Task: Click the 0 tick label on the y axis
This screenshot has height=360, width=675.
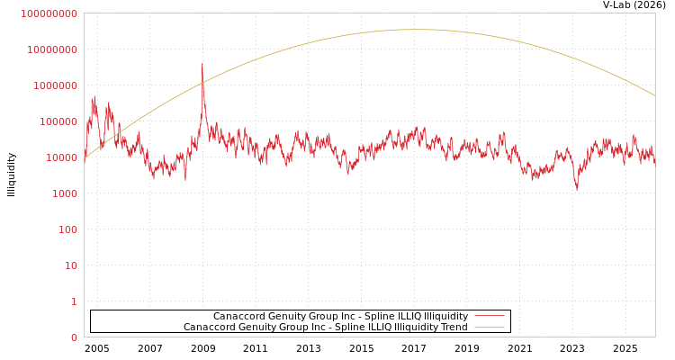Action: click(x=74, y=337)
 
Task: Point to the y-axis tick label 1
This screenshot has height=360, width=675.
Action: click(x=74, y=301)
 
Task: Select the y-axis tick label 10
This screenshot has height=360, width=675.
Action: click(x=70, y=265)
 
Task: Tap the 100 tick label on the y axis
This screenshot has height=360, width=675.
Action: click(x=67, y=229)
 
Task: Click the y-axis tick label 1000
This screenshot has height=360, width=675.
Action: click(x=65, y=193)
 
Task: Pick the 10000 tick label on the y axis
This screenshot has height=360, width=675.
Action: click(x=62, y=157)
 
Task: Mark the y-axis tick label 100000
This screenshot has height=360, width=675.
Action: click(x=59, y=121)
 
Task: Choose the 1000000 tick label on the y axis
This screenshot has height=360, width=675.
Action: click(x=56, y=85)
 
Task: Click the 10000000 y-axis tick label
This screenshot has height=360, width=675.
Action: click(x=53, y=49)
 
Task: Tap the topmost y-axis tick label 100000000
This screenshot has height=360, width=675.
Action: click(x=49, y=13)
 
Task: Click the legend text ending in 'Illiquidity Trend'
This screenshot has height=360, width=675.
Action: click(x=325, y=328)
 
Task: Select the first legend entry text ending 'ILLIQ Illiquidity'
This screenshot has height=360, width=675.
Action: click(x=340, y=317)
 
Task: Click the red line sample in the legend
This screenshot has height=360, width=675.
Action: click(x=489, y=317)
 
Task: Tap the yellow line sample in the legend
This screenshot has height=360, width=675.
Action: click(x=489, y=328)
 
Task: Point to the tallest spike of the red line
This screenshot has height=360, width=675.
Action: click(x=202, y=63)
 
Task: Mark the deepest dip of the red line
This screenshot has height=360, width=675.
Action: click(x=577, y=189)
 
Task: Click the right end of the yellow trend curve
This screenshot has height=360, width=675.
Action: click(x=654, y=95)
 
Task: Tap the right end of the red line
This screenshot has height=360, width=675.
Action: click(x=654, y=162)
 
